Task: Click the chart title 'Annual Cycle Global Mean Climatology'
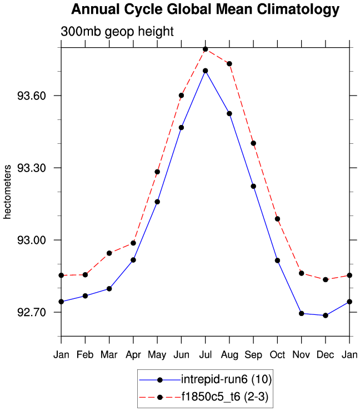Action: click(x=205, y=10)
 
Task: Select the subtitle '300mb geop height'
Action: click(x=117, y=32)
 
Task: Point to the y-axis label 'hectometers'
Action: click(x=7, y=191)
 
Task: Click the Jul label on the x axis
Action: click(x=205, y=354)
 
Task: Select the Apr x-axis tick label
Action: click(x=133, y=354)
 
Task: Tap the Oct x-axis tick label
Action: click(x=277, y=354)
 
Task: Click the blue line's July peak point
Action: click(x=205, y=71)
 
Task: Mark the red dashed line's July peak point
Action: click(x=205, y=49)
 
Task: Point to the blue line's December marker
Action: click(x=326, y=315)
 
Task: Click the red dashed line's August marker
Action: click(x=229, y=63)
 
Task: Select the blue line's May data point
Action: click(x=157, y=202)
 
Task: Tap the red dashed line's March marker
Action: click(x=109, y=253)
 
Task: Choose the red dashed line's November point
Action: click(x=302, y=273)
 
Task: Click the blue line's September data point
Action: click(x=253, y=186)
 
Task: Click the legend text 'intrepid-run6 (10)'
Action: click(x=226, y=379)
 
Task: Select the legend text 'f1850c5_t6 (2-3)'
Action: click(x=226, y=397)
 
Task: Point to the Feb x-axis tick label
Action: click(x=85, y=354)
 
